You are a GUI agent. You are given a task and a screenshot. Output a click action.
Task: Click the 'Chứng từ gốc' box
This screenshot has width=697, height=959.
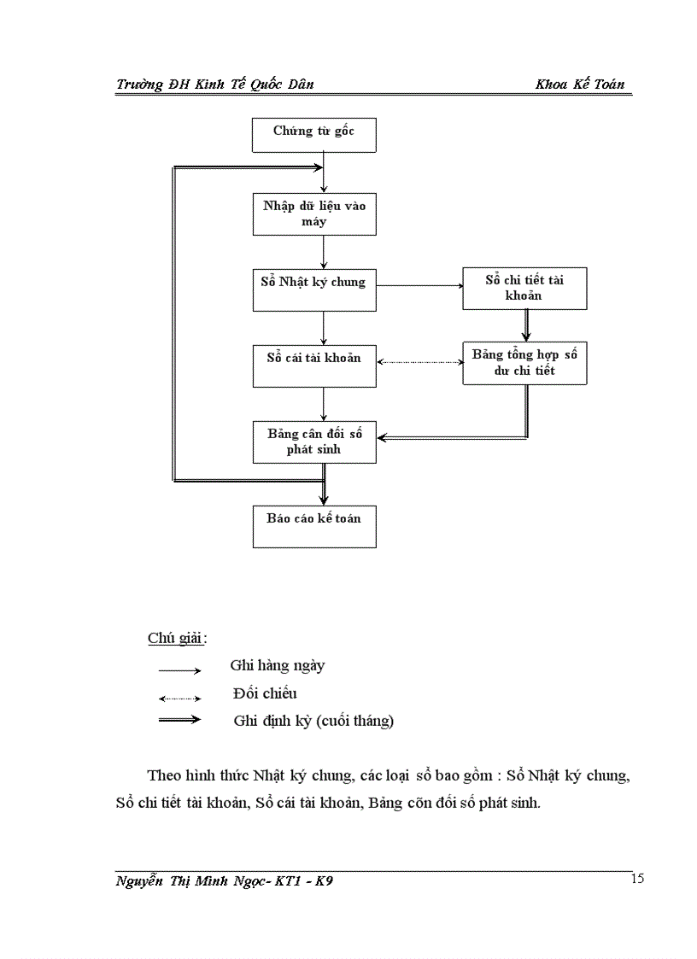[314, 135]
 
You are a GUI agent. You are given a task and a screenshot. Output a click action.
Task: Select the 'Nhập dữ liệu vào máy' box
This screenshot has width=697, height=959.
[314, 214]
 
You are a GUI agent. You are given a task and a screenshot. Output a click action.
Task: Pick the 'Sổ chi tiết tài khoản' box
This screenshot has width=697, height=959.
[524, 289]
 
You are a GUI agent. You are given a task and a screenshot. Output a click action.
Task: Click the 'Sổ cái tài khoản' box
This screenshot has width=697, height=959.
[314, 365]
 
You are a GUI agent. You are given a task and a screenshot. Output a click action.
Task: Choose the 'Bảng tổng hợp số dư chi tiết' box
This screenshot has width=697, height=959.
[524, 363]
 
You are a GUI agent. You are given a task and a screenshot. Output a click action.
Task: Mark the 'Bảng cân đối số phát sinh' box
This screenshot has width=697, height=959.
[314, 441]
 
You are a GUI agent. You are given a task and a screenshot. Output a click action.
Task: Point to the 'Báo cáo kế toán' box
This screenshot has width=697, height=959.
[314, 526]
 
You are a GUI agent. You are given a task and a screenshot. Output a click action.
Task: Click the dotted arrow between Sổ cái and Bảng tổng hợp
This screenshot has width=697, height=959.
[419, 362]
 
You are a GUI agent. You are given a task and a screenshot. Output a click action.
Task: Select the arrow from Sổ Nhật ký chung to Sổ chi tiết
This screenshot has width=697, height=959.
[419, 287]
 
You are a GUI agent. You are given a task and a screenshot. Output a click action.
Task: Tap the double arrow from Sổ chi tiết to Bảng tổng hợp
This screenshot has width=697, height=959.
[525, 325]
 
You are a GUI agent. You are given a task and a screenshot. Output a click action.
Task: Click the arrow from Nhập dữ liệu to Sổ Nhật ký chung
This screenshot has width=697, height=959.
[324, 252]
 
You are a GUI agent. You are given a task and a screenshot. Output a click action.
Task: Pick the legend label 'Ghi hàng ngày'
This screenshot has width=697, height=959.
[277, 665]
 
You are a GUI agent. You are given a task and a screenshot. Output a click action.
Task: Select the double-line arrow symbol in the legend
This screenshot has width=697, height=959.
[179, 720]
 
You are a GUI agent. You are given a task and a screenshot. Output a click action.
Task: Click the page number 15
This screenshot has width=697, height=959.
[637, 880]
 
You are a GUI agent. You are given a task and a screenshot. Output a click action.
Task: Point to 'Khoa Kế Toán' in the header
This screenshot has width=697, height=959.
[579, 84]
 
